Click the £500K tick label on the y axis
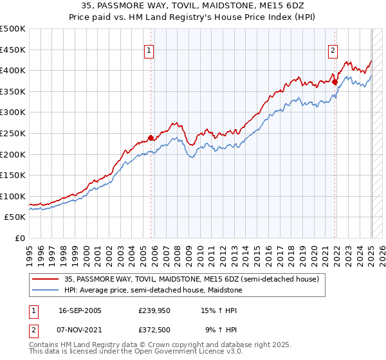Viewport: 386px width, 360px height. pyautogui.click(x=13, y=29)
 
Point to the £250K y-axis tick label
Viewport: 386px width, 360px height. pyautogui.click(x=13, y=133)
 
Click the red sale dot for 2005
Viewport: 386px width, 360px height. pyautogui.click(x=151, y=138)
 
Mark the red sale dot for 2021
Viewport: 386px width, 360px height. pyautogui.click(x=335, y=82)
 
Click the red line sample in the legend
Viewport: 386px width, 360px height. pyautogui.click(x=46, y=279)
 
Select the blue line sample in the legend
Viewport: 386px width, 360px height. pyautogui.click(x=46, y=291)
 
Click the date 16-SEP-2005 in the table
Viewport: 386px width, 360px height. pyautogui.click(x=80, y=310)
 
